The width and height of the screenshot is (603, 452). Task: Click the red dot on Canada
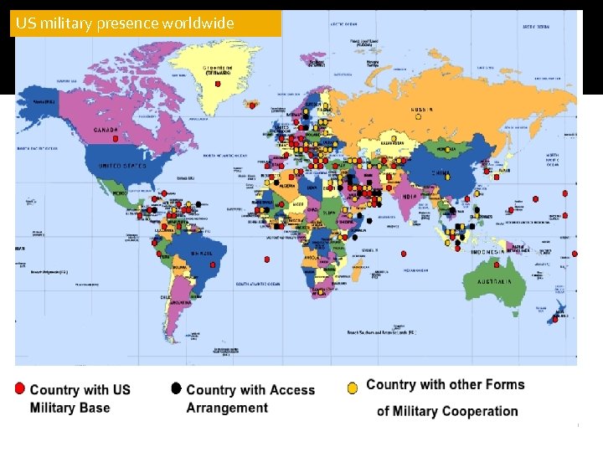click(116, 139)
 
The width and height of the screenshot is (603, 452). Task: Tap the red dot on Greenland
click(252, 105)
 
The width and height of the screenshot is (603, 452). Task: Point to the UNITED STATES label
click(122, 166)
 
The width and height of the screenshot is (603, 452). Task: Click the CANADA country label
click(106, 130)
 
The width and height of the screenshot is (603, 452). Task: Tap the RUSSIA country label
click(421, 109)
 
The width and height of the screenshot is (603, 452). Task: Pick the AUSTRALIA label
click(494, 281)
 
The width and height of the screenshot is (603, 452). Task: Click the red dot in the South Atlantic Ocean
click(266, 259)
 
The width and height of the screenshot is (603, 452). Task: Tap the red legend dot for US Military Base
click(19, 388)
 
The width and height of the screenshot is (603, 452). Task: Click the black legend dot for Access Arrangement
click(176, 388)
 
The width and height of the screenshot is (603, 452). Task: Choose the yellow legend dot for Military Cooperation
click(353, 388)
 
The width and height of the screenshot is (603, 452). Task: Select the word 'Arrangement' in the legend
click(227, 408)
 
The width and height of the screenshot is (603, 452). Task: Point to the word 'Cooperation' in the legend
click(479, 411)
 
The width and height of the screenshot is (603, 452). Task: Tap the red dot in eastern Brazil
click(214, 265)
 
